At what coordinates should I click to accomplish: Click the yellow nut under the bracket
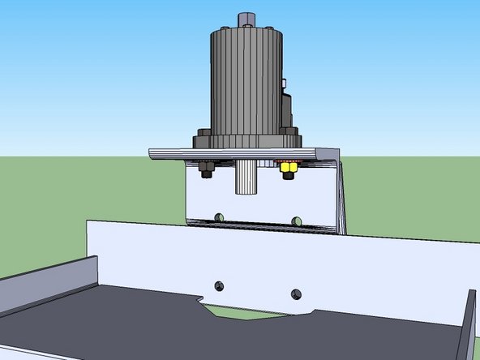pos(286,170)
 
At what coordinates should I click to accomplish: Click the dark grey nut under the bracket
pos(204,170)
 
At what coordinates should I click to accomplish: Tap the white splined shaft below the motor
pos(246,177)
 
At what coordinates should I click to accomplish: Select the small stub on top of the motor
pos(245,18)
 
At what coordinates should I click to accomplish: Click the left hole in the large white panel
pos(217,285)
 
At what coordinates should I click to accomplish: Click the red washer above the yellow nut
pos(286,163)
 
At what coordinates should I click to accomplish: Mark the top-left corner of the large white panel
pos(88,221)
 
